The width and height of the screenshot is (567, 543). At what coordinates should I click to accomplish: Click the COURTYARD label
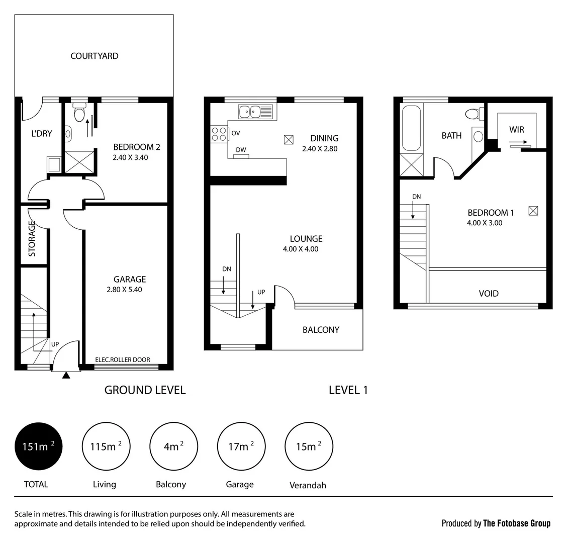point(94,56)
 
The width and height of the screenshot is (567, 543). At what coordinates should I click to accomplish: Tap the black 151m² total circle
point(39,446)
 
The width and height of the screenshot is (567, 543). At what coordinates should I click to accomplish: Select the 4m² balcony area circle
point(173,446)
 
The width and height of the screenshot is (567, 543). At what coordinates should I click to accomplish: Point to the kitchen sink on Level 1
point(255,111)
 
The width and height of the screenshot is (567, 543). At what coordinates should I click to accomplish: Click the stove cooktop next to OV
point(219,134)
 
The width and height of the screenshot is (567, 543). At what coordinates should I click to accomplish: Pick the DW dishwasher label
point(241,150)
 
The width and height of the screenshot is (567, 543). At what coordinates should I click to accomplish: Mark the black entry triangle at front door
point(66,375)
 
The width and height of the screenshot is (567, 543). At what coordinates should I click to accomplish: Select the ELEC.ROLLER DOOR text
point(122,360)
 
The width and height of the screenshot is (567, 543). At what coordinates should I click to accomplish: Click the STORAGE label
point(32,239)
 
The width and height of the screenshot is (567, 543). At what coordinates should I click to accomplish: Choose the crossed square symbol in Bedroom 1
point(533,211)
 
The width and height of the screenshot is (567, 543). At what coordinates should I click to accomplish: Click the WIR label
point(516,130)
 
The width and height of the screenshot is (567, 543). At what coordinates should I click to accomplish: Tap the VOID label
point(488,293)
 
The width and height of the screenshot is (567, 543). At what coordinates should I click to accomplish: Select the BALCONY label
point(321,330)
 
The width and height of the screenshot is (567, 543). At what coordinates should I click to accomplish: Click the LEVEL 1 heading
point(348,390)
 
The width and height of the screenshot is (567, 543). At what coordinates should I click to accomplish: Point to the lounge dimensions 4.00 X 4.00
point(301,249)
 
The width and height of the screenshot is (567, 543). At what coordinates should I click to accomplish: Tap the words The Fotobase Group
point(516,523)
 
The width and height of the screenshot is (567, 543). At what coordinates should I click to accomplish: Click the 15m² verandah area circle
point(309,446)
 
